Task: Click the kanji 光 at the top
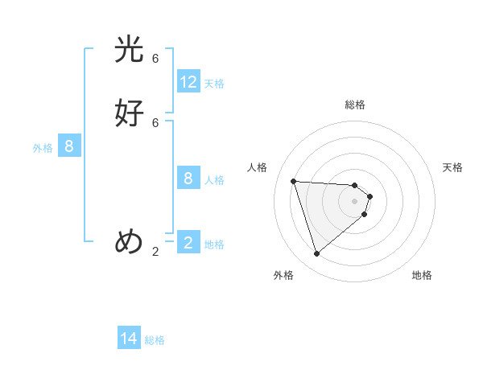pyautogui.click(x=129, y=51)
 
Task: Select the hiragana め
pyautogui.click(x=129, y=240)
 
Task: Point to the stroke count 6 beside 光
pyautogui.click(x=155, y=59)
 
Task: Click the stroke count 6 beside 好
pyautogui.click(x=155, y=122)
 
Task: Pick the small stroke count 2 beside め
pyautogui.click(x=155, y=251)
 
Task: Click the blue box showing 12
pyautogui.click(x=188, y=82)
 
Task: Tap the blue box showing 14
pyautogui.click(x=129, y=339)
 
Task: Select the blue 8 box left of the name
pyautogui.click(x=69, y=146)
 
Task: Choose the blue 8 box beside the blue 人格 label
pyautogui.click(x=188, y=179)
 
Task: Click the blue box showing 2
pyautogui.click(x=188, y=243)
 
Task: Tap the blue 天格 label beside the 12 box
pyautogui.click(x=214, y=83)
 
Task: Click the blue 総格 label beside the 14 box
pyautogui.click(x=155, y=340)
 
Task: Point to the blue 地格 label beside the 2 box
pyautogui.click(x=214, y=244)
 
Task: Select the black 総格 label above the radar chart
pyautogui.click(x=355, y=105)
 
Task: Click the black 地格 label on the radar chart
pyautogui.click(x=422, y=275)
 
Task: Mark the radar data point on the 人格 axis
pyautogui.click(x=294, y=181)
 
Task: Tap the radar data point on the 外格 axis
pyautogui.click(x=317, y=254)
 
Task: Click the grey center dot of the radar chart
pyautogui.click(x=355, y=200)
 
